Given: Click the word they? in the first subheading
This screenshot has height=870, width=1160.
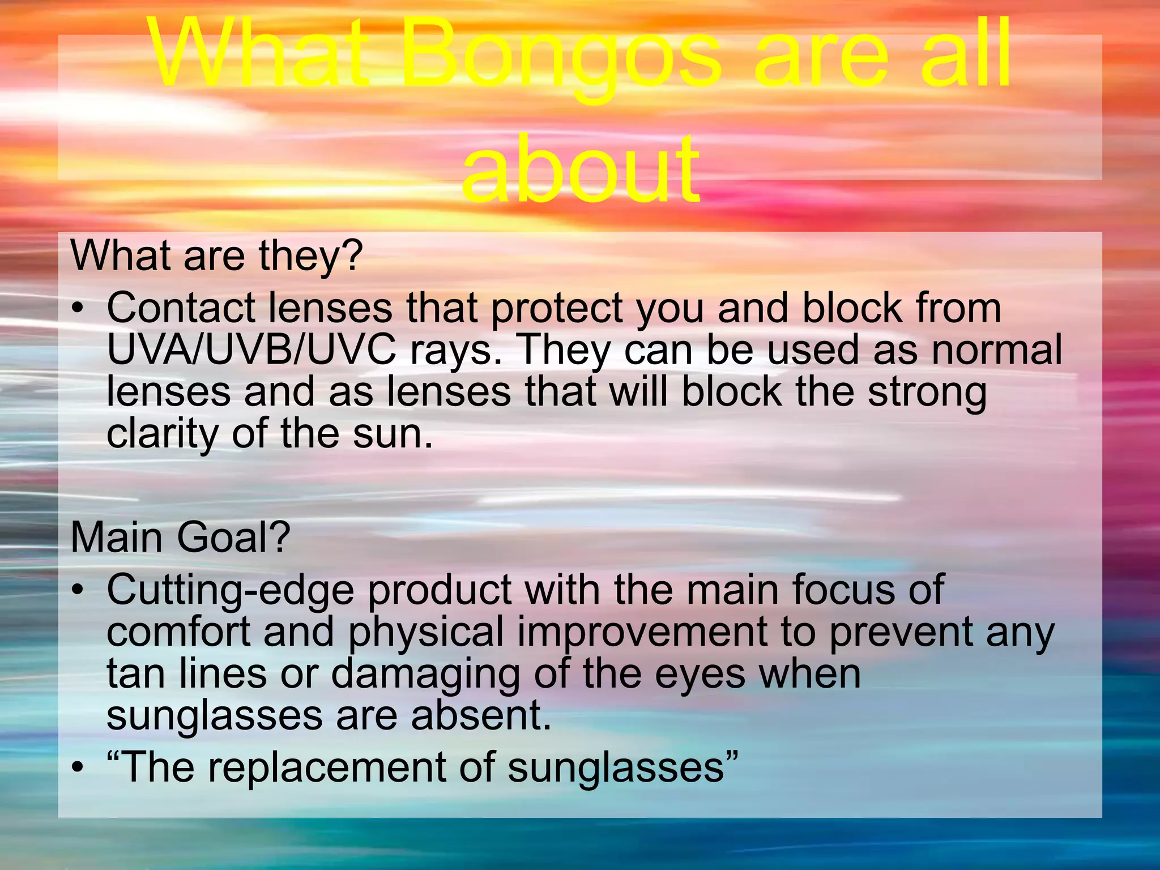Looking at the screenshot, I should coord(310,256).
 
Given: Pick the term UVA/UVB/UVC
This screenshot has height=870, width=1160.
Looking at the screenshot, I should coord(251,349).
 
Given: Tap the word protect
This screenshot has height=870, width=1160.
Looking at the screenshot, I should coord(557,309).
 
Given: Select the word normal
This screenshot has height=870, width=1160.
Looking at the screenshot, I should coord(997,349).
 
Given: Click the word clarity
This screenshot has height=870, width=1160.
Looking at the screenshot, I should coord(163,434).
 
